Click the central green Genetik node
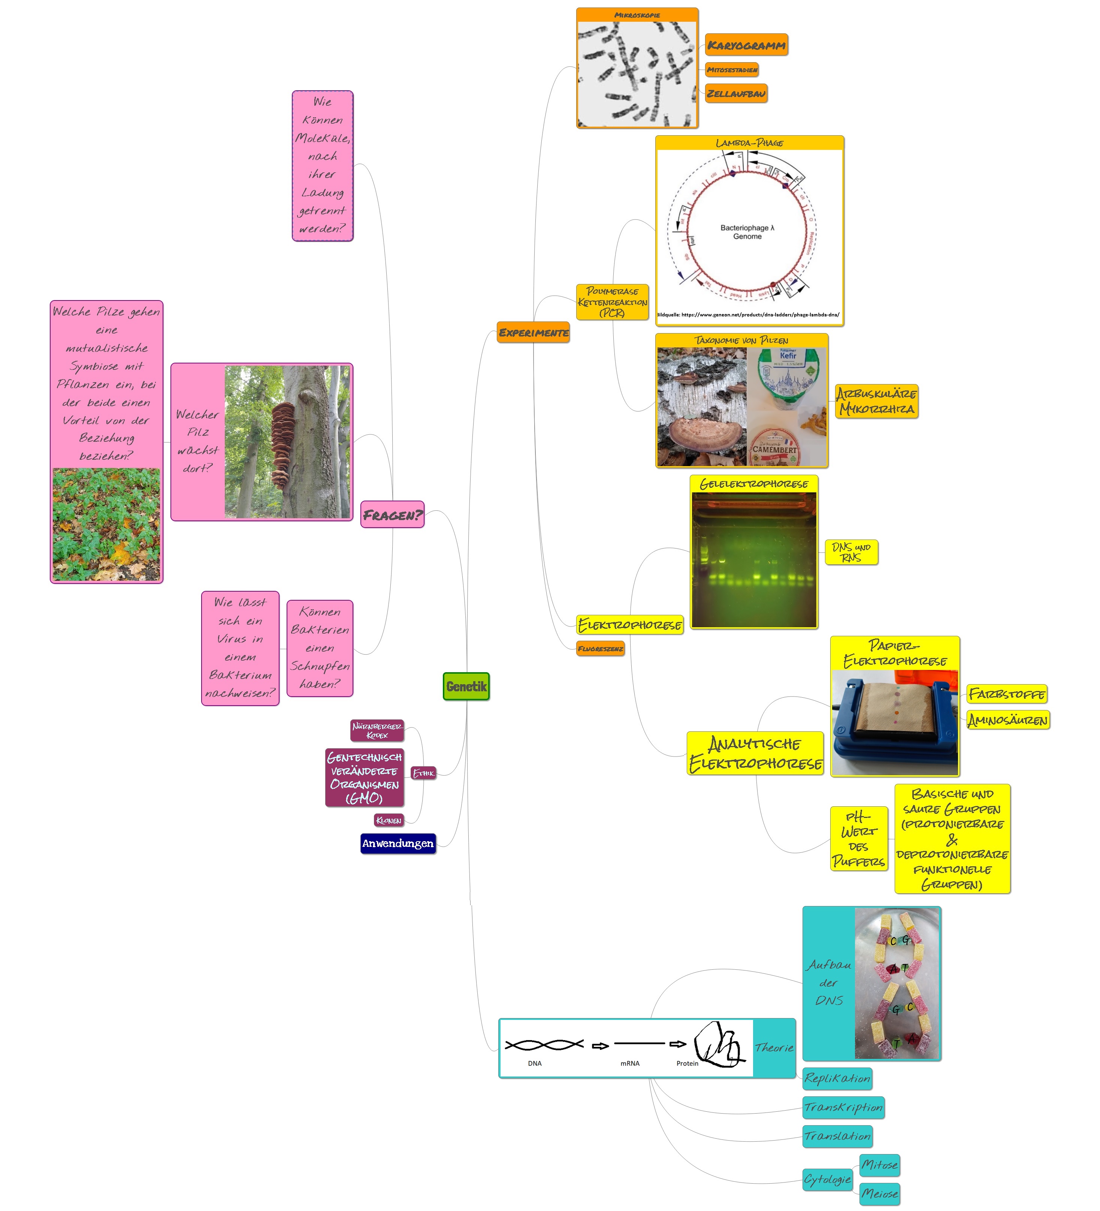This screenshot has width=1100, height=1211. (x=466, y=686)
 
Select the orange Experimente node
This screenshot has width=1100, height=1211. (x=533, y=333)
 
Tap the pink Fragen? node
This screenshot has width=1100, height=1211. (x=392, y=515)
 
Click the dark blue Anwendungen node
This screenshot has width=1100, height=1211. (x=398, y=843)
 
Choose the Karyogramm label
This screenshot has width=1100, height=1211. (x=746, y=45)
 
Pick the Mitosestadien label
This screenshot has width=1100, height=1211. (x=732, y=70)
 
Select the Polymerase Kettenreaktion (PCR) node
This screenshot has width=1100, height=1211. (x=612, y=302)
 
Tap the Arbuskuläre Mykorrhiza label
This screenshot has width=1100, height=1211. (x=876, y=401)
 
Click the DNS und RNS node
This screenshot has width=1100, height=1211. (x=851, y=552)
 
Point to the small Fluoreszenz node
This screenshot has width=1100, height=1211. (x=600, y=649)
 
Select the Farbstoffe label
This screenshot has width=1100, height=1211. (x=1006, y=694)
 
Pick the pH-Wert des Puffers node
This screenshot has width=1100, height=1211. (x=858, y=839)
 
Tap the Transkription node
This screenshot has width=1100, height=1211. (x=843, y=1107)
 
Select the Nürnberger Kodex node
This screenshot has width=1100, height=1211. (x=377, y=730)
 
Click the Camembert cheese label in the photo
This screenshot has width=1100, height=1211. (x=774, y=449)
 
